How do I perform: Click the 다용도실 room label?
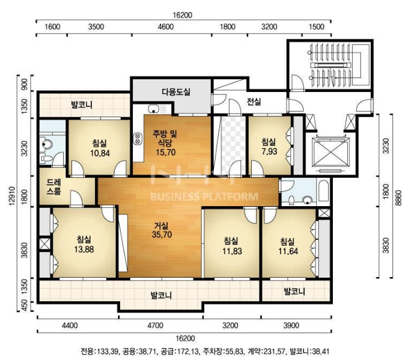(x=176, y=92)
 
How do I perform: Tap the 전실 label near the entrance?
(x=254, y=102)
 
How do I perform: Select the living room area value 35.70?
(x=162, y=234)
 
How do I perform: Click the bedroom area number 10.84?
(x=100, y=153)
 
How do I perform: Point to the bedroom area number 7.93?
(x=269, y=151)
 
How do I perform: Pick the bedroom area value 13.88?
(x=84, y=249)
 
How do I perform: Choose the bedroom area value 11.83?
(x=232, y=251)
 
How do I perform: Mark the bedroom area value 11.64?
(x=288, y=251)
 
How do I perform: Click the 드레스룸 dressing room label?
(x=54, y=186)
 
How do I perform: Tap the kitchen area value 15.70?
(x=166, y=153)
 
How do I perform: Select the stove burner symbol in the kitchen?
(x=138, y=138)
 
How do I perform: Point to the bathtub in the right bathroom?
(x=323, y=191)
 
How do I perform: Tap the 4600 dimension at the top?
(x=166, y=26)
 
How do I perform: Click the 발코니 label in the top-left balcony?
(x=82, y=105)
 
